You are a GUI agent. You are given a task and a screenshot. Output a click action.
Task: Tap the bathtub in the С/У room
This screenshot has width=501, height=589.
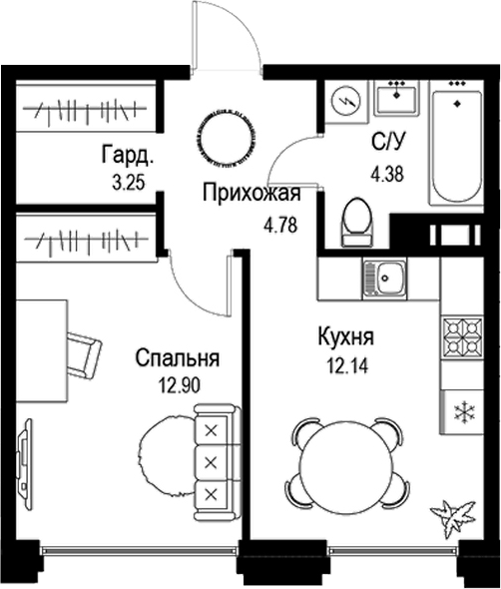(x=456, y=148)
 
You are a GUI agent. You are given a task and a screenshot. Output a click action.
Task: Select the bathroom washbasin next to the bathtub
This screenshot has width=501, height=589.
(x=396, y=98)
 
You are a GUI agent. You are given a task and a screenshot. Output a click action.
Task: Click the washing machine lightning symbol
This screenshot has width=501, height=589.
(x=345, y=101)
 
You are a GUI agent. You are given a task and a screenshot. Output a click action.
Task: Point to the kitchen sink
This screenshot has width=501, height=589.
(x=384, y=279)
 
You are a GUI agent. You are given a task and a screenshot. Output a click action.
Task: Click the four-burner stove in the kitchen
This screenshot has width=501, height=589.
(x=461, y=337)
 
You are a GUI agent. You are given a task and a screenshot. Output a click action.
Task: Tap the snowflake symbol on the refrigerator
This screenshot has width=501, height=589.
(x=464, y=411)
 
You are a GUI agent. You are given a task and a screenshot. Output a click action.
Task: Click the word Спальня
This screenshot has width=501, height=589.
(x=178, y=358)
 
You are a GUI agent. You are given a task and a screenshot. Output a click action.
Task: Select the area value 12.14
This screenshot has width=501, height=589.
(x=347, y=365)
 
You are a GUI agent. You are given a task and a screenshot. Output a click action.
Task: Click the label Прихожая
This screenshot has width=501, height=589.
(x=251, y=194)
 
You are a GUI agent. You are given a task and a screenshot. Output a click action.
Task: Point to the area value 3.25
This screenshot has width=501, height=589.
(x=128, y=183)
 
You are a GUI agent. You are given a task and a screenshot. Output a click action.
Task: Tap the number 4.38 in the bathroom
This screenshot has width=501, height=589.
(x=387, y=174)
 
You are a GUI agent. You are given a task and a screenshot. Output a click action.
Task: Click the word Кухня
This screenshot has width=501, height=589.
(x=346, y=336)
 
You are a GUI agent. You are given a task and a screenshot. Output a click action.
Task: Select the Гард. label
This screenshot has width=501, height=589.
(x=128, y=155)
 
